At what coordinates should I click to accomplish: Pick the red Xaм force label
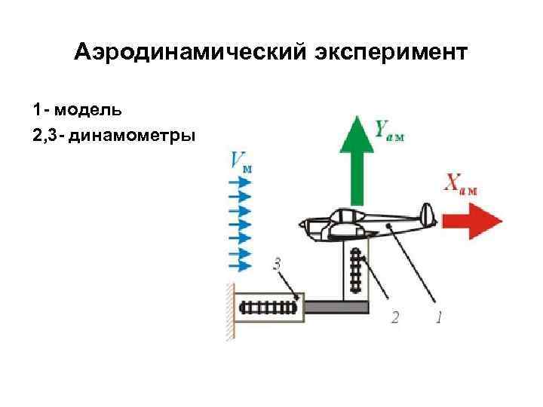tap(461, 184)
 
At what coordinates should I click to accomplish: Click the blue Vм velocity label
tap(241, 161)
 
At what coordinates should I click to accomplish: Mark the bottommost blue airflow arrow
tap(239, 265)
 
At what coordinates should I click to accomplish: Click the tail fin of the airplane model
tap(427, 215)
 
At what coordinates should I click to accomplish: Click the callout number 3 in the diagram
tap(277, 264)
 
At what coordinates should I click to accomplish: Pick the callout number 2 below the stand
tap(395, 317)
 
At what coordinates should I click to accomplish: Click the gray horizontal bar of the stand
tap(336, 307)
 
